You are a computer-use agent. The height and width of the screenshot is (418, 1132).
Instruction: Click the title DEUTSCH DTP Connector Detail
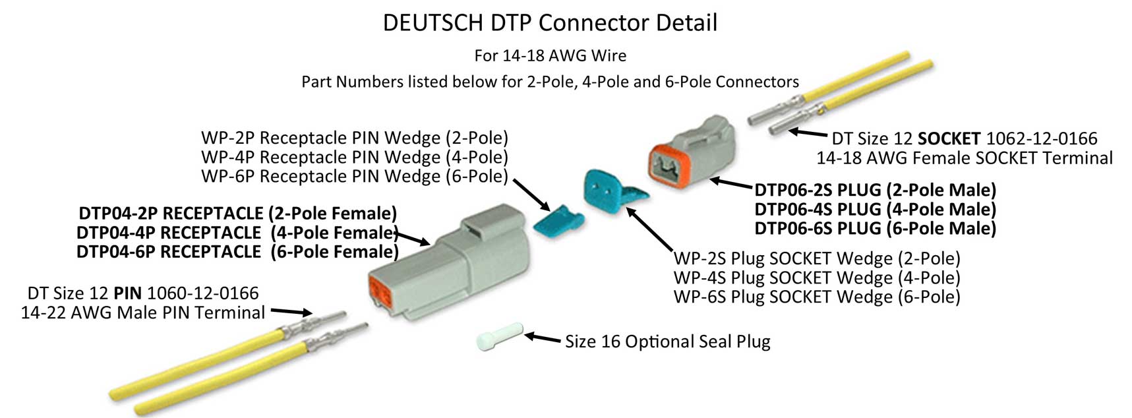click(550, 23)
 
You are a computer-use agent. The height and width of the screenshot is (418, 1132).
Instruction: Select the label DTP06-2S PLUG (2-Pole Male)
click(875, 191)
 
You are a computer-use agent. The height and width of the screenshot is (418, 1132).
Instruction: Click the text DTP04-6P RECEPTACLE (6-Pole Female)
click(237, 252)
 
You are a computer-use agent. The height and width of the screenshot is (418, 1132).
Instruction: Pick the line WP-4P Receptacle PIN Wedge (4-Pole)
click(355, 157)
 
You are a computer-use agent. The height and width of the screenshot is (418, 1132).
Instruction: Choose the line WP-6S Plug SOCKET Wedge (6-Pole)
click(817, 297)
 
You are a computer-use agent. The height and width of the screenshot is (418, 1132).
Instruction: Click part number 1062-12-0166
click(1041, 138)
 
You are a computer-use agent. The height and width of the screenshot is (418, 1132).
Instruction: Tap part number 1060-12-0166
click(202, 293)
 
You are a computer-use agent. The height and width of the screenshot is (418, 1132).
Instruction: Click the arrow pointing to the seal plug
click(543, 338)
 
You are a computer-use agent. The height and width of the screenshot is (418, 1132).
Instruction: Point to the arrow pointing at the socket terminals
click(808, 134)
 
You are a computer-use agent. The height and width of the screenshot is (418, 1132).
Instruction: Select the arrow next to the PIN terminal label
click(291, 312)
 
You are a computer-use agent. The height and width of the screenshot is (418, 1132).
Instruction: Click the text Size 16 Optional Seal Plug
click(667, 342)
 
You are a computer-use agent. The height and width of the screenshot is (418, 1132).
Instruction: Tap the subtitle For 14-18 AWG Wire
click(550, 55)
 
